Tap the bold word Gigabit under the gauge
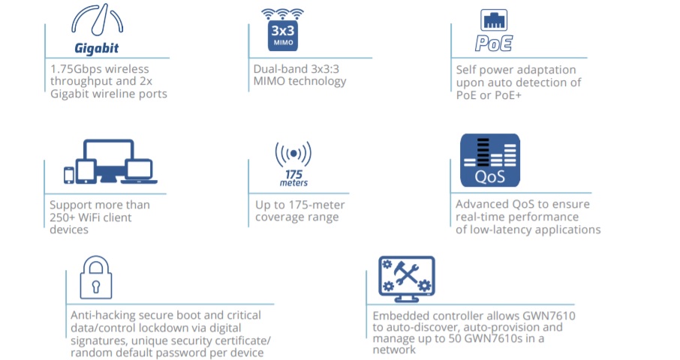[96, 48]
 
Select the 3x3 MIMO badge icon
[283, 30]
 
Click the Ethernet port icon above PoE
[494, 20]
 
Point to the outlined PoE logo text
[494, 43]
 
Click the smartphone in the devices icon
[69, 175]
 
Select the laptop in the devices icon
[139, 172]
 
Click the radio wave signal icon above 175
[293, 154]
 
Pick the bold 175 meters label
[293, 178]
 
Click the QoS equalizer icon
[490, 160]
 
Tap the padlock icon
[96, 277]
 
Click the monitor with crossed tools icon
[407, 279]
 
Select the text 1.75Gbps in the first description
[76, 69]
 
